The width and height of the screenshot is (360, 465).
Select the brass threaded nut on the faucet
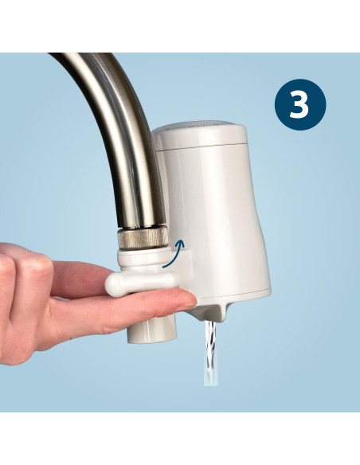click(x=142, y=238)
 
